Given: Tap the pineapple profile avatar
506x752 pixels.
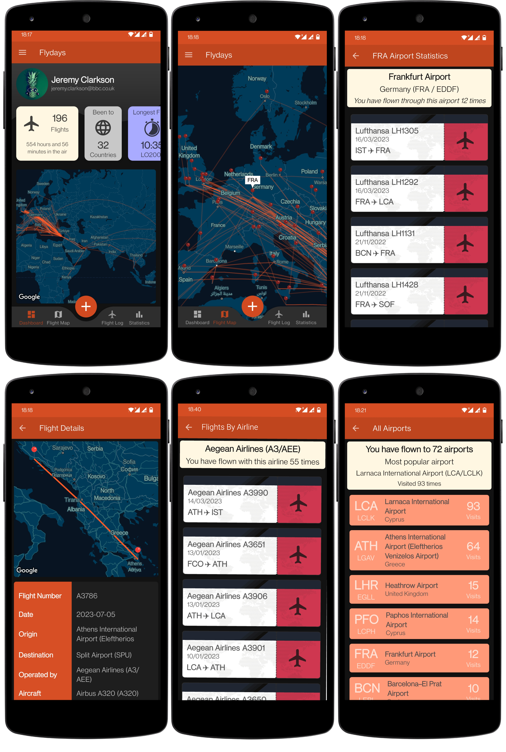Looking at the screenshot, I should coord(32,84).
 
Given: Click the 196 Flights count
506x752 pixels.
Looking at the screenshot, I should coord(60,118).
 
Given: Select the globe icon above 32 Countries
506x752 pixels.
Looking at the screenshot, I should coord(103,128).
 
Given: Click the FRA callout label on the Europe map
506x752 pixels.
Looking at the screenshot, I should coord(252,180).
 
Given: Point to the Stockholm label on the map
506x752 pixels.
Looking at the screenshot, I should coord(305,103).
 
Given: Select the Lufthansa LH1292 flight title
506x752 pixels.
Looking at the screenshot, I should coord(386,182).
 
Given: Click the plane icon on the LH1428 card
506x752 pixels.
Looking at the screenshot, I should coord(465,294).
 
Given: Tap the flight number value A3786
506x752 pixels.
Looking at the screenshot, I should coord(87,596).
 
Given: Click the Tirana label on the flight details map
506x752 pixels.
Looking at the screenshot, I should coord(72,500).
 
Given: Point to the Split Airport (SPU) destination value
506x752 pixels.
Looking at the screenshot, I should coord(104,655).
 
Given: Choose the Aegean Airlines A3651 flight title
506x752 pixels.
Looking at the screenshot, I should coord(226,544).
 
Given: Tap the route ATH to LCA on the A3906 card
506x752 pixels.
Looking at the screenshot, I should coord(206,616).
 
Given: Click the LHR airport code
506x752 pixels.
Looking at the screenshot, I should coord(366,585).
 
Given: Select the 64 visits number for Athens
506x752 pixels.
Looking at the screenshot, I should coord(473,546).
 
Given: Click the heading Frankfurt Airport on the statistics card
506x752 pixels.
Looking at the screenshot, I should coord(419,77).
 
